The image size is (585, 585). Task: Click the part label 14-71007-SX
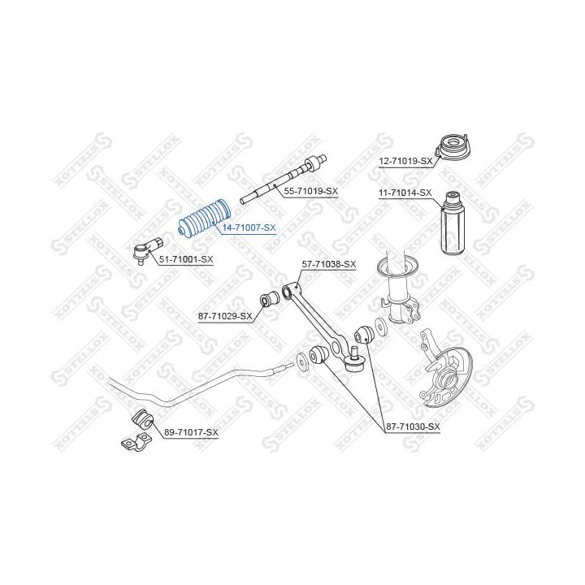coord(249,227)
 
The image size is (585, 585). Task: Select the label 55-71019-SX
coord(310,192)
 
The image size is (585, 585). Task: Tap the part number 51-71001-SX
coord(186,259)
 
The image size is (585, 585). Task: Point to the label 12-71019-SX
coord(405,161)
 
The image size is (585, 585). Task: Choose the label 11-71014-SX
coord(405,193)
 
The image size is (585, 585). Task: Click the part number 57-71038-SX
coord(329,265)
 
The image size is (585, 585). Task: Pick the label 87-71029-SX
coord(225,316)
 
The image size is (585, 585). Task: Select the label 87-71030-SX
coord(413,427)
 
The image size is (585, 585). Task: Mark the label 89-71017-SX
coord(191,432)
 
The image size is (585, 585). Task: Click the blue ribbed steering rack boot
coord(204,219)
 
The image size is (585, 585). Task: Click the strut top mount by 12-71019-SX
coord(453,146)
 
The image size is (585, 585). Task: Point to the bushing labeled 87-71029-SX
coord(269,299)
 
